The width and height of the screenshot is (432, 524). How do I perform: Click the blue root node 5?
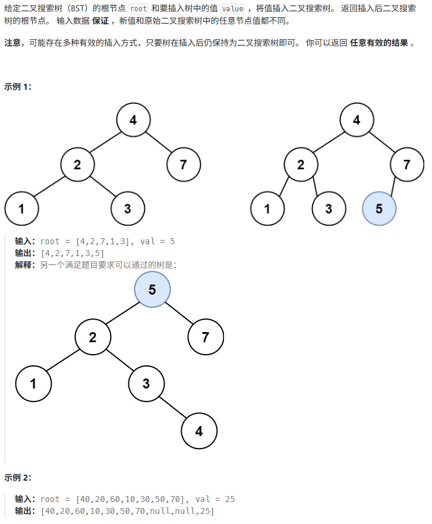[x=152, y=289]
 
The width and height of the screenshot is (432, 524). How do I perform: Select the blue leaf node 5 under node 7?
[x=379, y=209]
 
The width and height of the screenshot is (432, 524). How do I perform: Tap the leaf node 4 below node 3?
[x=198, y=431]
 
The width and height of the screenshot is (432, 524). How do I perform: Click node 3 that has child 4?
[x=146, y=383]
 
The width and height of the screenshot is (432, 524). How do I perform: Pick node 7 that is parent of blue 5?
[x=406, y=165]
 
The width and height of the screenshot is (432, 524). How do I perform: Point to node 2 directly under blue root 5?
[x=93, y=337]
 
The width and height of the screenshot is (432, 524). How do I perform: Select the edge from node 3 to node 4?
[x=172, y=408]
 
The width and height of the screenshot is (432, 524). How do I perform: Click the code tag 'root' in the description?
[x=138, y=8]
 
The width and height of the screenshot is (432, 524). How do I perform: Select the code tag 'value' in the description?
[x=232, y=8]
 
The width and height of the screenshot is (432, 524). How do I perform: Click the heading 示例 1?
[x=18, y=86]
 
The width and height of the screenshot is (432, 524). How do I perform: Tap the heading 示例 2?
[x=18, y=477]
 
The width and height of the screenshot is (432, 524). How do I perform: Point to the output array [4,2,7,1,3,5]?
[x=73, y=253]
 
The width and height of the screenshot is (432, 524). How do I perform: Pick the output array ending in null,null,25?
[x=128, y=511]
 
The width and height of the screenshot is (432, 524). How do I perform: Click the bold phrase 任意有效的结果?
[x=379, y=43]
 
